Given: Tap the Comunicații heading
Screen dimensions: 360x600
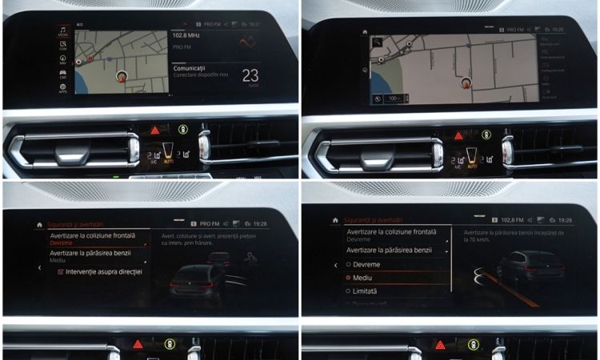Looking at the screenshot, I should click(195, 69).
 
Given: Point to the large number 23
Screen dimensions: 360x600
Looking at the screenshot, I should click(250, 75).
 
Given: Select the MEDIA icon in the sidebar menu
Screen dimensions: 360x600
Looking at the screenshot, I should click(63, 31).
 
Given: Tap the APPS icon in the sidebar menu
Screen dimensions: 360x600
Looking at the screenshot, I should click(63, 88).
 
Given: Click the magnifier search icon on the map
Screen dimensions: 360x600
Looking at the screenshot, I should click(375, 42).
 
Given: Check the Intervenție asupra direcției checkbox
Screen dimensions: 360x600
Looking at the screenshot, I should click(62, 272).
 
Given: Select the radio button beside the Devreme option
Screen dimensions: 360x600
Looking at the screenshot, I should click(349, 264).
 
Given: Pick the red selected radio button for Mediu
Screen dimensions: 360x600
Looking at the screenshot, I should click(349, 278).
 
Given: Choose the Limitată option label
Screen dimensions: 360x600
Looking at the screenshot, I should click(365, 291).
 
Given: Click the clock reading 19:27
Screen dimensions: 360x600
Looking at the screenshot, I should click(254, 25).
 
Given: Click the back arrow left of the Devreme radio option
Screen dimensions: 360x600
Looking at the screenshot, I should click(335, 265).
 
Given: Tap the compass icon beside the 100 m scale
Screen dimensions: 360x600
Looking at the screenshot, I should click(377, 98).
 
